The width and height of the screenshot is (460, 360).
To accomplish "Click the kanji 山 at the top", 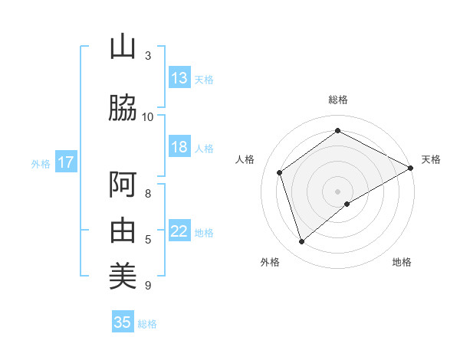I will tap(123, 47).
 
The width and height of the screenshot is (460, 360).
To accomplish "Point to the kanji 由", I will tap(123, 229).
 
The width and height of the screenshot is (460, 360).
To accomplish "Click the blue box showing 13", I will tap(179, 78).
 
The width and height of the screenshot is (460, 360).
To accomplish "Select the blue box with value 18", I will tap(179, 147).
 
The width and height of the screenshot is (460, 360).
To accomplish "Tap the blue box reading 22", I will tap(179, 231).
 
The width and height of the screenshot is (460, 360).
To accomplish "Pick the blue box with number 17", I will tap(65, 162).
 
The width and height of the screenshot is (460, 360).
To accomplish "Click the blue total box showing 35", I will tap(123, 322).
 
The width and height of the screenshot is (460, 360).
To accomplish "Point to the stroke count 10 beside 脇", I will tap(148, 116).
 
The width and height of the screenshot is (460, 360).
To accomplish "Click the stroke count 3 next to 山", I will tap(148, 55).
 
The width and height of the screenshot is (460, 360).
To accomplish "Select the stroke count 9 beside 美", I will tap(148, 286).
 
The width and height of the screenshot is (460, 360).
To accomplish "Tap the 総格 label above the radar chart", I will tap(338, 100).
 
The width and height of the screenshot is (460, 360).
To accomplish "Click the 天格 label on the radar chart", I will tap(431, 159).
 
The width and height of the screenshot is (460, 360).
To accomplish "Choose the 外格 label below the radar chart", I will tap(270, 262).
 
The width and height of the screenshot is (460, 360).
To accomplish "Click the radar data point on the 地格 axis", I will tap(347, 204).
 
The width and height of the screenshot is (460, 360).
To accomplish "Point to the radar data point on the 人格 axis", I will tap(280, 172).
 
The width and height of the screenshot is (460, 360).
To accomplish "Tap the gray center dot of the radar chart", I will tap(338, 191).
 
